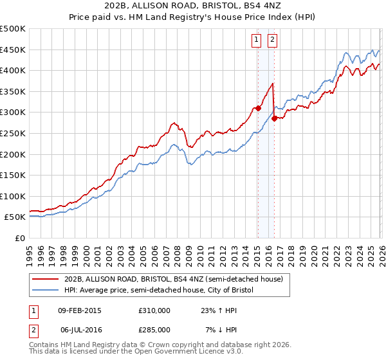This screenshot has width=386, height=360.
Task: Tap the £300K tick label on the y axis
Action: pyautogui.click(x=13, y=113)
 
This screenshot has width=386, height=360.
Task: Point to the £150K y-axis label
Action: pyautogui.click(x=13, y=175)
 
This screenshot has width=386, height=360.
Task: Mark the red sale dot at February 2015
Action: pyautogui.click(x=257, y=108)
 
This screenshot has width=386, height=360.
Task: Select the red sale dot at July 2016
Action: pyautogui.click(x=274, y=118)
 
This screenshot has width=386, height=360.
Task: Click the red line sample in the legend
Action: pyautogui.click(x=46, y=279)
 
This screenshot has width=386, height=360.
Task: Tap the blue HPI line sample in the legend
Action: pyautogui.click(x=46, y=291)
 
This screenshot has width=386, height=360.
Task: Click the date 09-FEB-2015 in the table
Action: pyautogui.click(x=80, y=310)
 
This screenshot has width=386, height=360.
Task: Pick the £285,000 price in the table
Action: pyautogui.click(x=154, y=330)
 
